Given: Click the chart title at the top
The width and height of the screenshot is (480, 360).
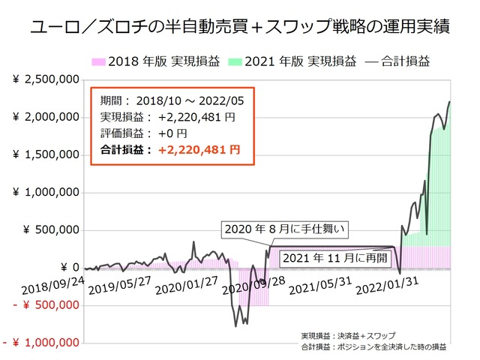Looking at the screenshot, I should [x=240, y=29].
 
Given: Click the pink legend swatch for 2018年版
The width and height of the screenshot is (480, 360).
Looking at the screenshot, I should [x=99, y=61].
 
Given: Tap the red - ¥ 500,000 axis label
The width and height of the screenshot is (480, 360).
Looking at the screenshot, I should [x=45, y=305].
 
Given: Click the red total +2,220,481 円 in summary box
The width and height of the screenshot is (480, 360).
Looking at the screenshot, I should [x=196, y=149].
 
